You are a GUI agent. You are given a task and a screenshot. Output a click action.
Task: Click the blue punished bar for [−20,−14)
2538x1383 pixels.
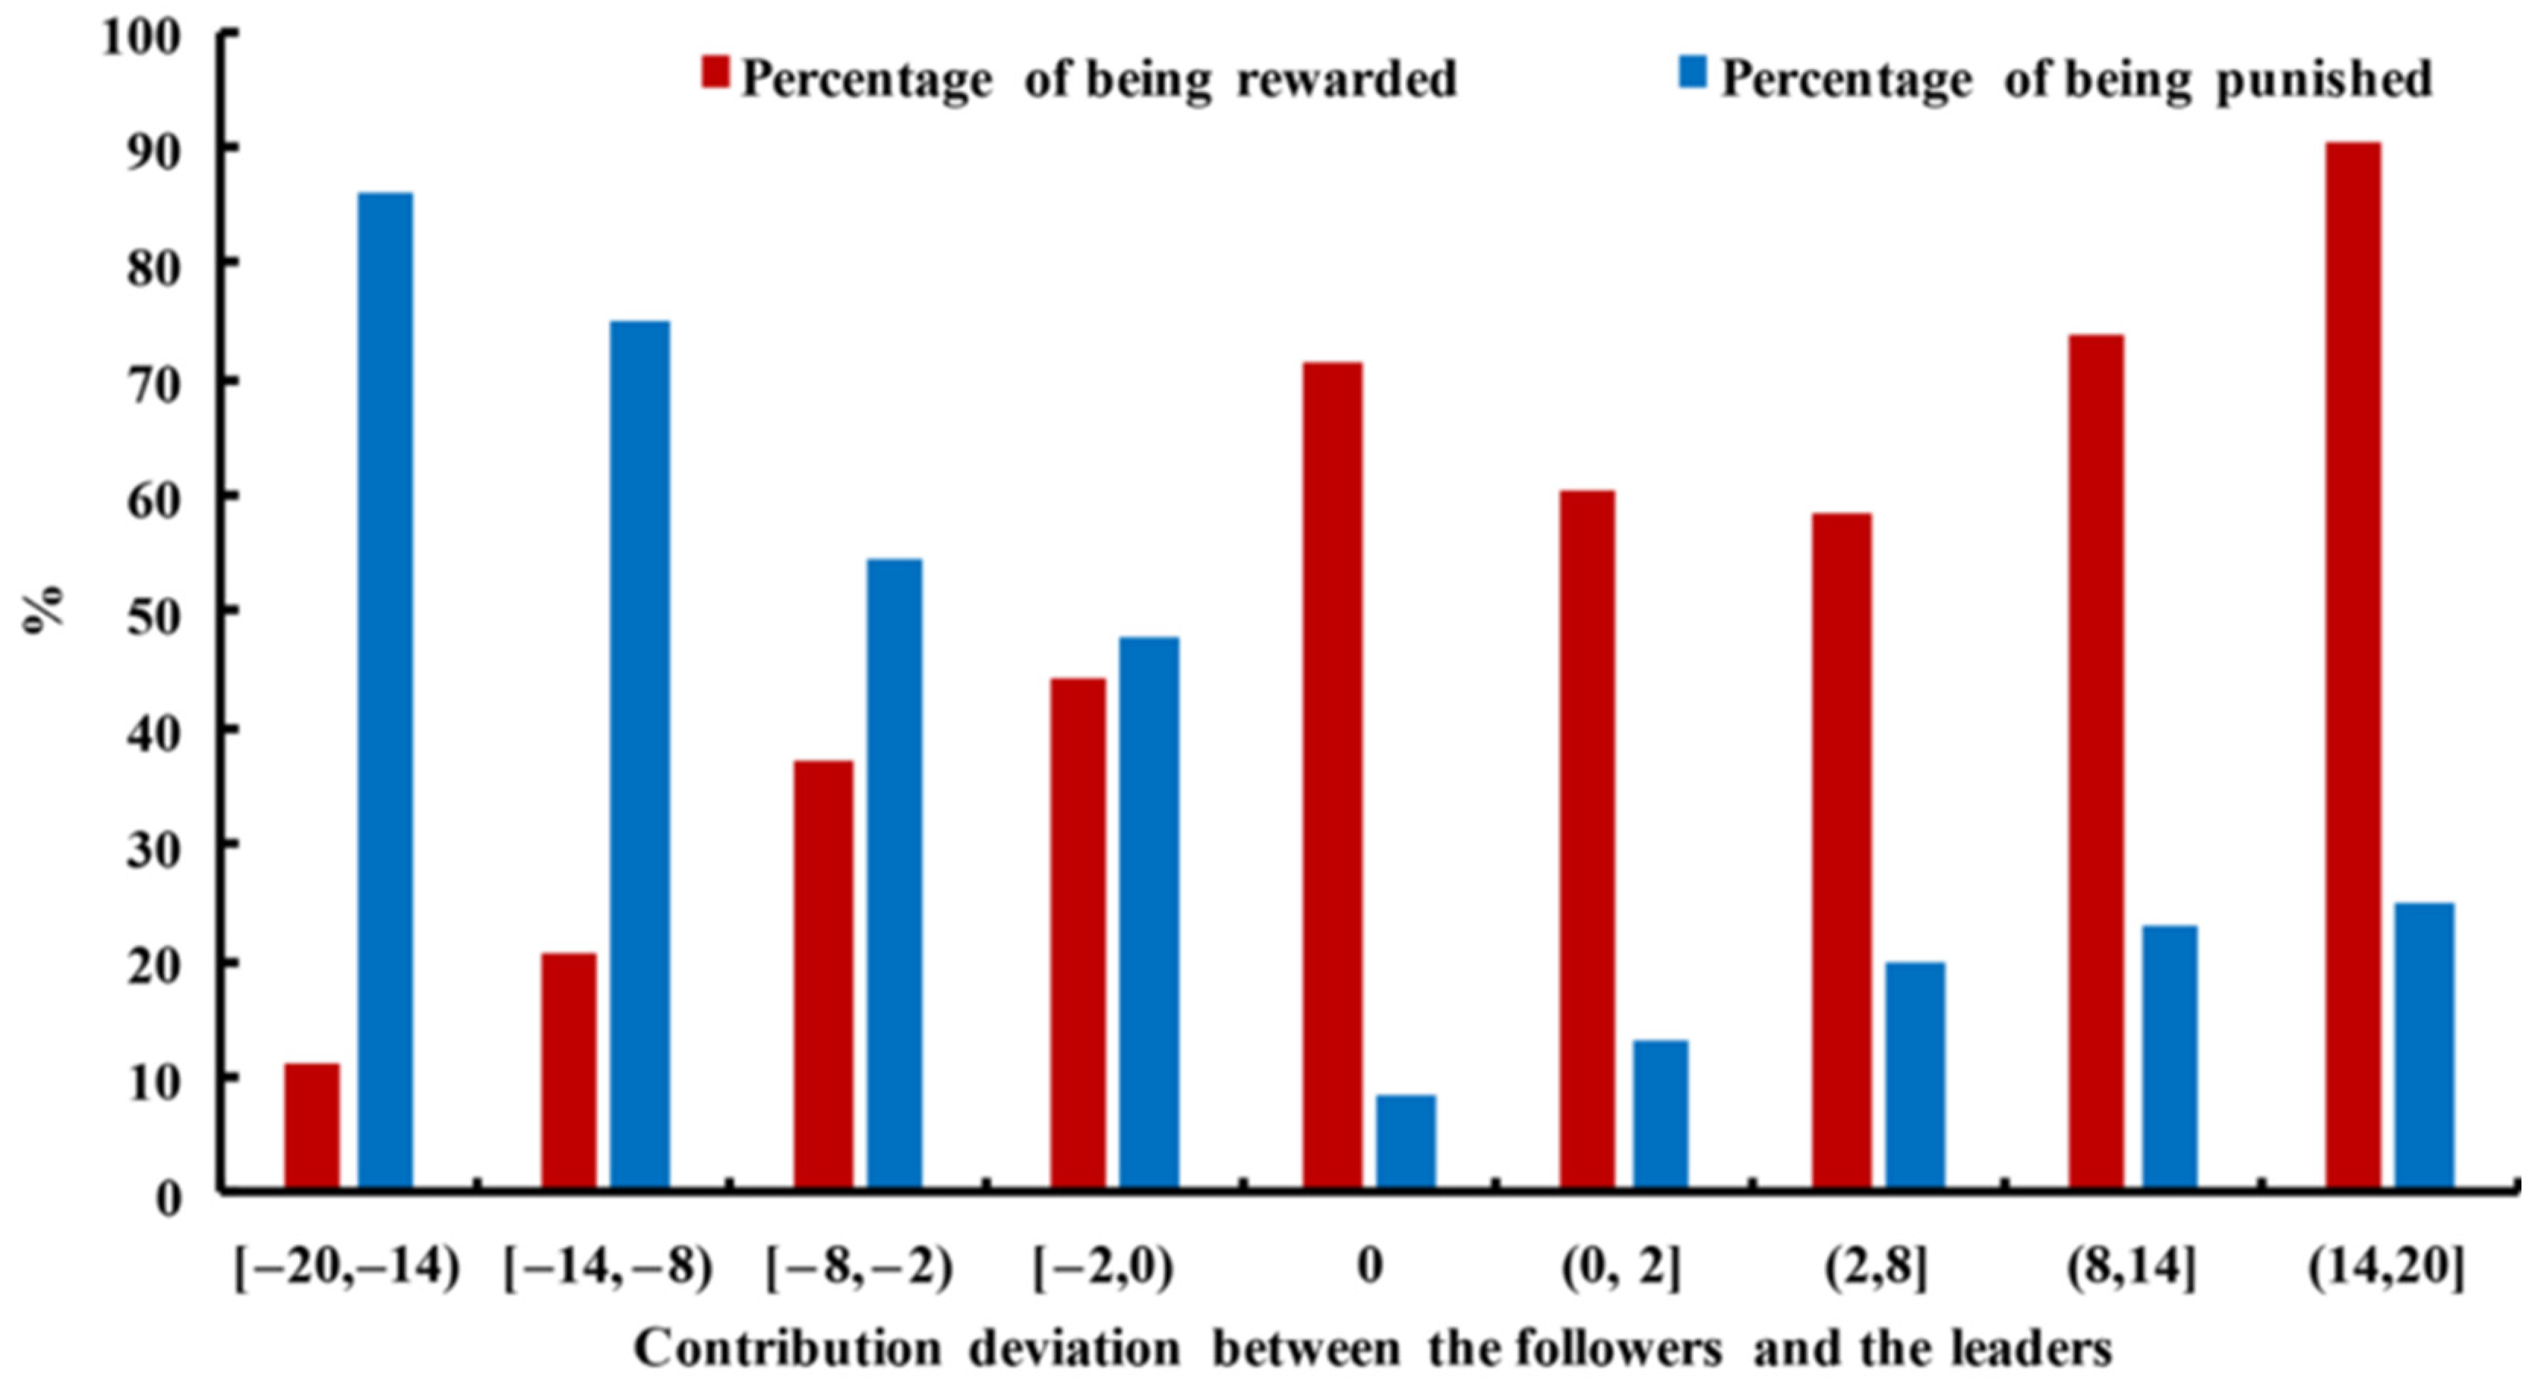pyautogui.click(x=385, y=689)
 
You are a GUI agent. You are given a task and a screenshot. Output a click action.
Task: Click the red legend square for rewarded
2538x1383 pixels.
pyautogui.click(x=715, y=73)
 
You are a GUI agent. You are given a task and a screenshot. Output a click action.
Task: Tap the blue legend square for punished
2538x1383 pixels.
pyautogui.click(x=1693, y=72)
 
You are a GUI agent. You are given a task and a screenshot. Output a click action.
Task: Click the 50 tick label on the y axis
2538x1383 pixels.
pyautogui.click(x=155, y=612)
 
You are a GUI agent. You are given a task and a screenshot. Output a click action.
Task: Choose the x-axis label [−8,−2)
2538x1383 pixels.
pyautogui.click(x=859, y=1270)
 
